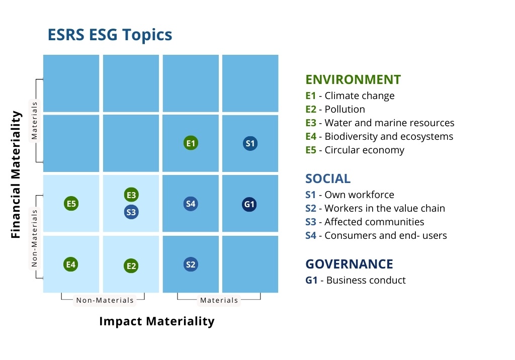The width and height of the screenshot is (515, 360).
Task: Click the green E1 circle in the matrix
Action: [x=191, y=143]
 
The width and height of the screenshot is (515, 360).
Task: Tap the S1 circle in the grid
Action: [x=250, y=143]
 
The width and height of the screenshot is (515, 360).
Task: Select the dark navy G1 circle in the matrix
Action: [x=249, y=204]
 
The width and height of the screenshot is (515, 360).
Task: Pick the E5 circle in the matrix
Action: [x=71, y=204]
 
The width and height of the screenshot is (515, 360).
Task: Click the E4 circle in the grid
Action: [x=71, y=264]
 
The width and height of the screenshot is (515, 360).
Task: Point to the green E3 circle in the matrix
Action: [x=131, y=195]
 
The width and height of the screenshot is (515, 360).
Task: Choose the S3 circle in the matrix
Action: [x=131, y=212]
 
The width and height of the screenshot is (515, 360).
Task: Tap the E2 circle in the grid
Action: [x=131, y=266]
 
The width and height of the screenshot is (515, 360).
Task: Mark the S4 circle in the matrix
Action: [x=191, y=204]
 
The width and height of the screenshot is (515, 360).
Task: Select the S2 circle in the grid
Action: [x=191, y=264]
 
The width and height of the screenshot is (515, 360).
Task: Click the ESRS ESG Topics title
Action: [x=110, y=35]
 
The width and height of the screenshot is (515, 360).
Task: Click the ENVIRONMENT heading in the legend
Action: [x=353, y=79]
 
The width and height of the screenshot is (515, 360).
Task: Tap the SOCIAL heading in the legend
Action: [x=328, y=178]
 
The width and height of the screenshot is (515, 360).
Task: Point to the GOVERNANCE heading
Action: [x=349, y=264]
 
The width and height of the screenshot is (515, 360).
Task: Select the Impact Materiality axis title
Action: [x=157, y=321]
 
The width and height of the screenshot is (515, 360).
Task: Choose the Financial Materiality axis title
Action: [x=16, y=174]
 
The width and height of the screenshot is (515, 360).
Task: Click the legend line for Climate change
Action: [x=350, y=96]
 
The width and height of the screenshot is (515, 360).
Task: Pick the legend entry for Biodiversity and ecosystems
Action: [x=379, y=136]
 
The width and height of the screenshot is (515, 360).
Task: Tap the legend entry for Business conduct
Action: [x=355, y=280]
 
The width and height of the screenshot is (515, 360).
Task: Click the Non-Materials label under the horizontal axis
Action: [x=105, y=300]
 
